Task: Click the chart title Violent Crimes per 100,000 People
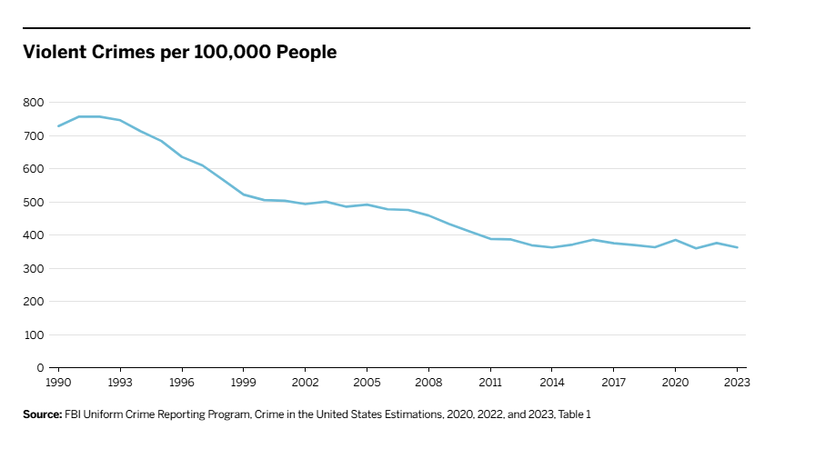pyautogui.click(x=180, y=53)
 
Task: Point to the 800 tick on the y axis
pyautogui.click(x=34, y=103)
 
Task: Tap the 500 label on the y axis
pyautogui.click(x=34, y=203)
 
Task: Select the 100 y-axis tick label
pyautogui.click(x=34, y=334)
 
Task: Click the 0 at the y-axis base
pyautogui.click(x=40, y=368)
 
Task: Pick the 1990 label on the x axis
pyautogui.click(x=59, y=383)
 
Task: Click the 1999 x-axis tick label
pyautogui.click(x=244, y=383)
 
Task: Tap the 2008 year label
pyautogui.click(x=428, y=383)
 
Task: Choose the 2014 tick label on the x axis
pyautogui.click(x=551, y=383)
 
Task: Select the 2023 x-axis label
pyautogui.click(x=735, y=383)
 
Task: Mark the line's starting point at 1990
pyautogui.click(x=59, y=125)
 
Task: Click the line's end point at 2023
pyautogui.click(x=736, y=247)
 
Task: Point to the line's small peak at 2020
pyautogui.click(x=675, y=240)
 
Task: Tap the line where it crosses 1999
pyautogui.click(x=244, y=195)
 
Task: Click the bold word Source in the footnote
pyautogui.click(x=42, y=414)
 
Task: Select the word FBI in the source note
pyautogui.click(x=74, y=414)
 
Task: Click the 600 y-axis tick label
pyautogui.click(x=34, y=169)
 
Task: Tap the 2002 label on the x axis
pyautogui.click(x=305, y=383)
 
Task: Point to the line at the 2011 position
pyautogui.click(x=490, y=239)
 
